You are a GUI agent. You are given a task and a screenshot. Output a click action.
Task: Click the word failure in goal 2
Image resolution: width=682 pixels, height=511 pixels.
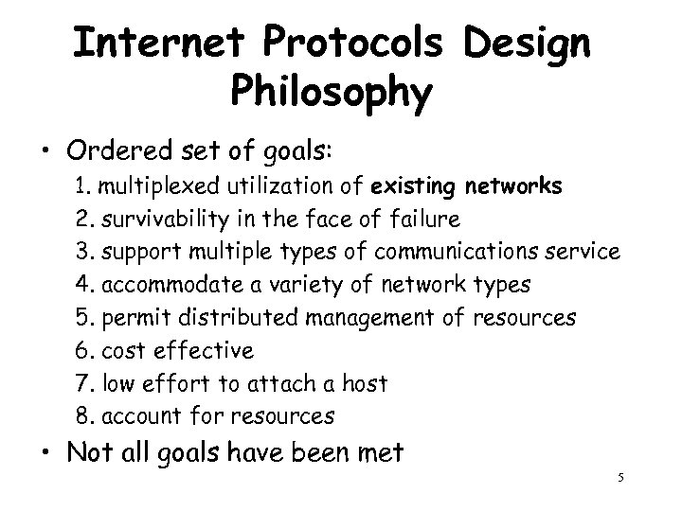pos(425,220)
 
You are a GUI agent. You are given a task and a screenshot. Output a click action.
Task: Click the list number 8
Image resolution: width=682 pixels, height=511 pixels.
pos(82,416)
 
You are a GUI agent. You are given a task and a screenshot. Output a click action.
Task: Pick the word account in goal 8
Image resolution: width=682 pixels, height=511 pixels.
pos(135,416)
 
